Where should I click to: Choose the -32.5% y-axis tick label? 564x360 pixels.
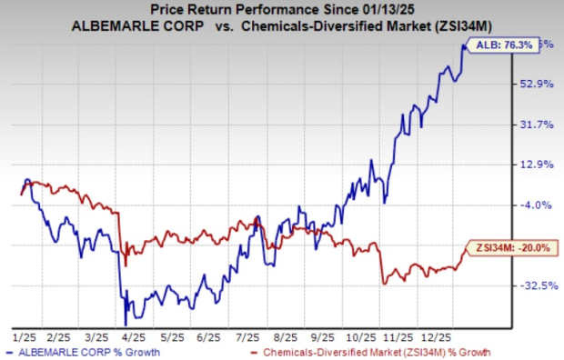point(533,285)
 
